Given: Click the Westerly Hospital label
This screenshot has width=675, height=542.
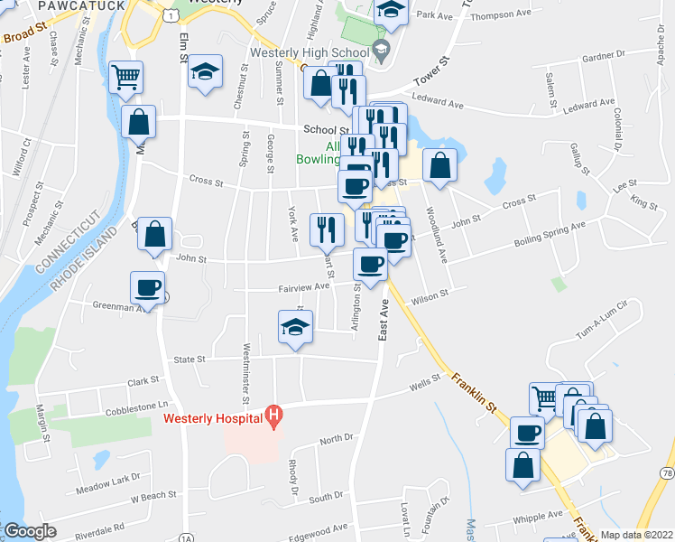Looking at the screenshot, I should pos(212,418).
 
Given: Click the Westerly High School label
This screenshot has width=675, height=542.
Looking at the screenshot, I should pos(312,52).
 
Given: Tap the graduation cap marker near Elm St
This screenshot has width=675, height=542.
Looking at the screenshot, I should pos(206,72).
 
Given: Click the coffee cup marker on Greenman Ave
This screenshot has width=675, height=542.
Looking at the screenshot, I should pos(148,288).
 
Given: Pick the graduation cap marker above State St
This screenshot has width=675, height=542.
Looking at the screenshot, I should pos(295,327).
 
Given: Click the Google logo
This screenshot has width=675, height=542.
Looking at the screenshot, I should pos(30,531).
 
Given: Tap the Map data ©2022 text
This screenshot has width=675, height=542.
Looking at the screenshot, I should pos(636,535).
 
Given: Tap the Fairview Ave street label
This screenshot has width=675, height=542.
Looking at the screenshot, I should pos(301,287).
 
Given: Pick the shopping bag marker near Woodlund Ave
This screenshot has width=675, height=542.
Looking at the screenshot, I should pos(439,166).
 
